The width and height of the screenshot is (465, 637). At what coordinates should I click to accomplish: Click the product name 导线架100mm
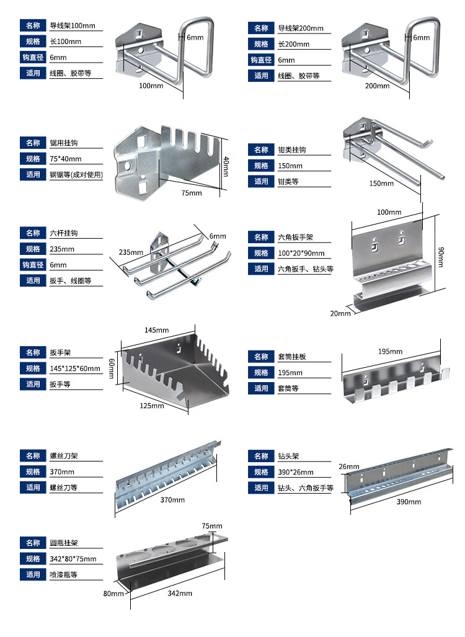tap(73, 26)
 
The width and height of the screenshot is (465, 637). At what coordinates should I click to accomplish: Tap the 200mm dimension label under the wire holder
tap(377, 86)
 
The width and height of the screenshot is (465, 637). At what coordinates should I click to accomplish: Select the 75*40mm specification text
tap(65, 159)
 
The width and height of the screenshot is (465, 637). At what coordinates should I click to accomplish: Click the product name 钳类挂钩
tap(291, 150)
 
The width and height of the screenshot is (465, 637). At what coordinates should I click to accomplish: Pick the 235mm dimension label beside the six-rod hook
tap(131, 252)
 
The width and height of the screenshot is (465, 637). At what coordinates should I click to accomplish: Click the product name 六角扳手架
tap(296, 238)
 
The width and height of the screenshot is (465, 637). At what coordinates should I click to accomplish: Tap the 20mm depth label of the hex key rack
tap(340, 313)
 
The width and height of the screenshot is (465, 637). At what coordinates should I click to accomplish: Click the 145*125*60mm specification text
tap(75, 368)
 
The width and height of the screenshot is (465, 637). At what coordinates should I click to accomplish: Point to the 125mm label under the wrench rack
tap(151, 406)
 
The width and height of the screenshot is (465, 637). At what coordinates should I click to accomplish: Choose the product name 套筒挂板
tap(291, 357)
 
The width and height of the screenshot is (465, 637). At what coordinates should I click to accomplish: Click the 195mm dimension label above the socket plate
tap(390, 352)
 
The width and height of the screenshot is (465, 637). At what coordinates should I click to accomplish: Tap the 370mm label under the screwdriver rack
tap(172, 499)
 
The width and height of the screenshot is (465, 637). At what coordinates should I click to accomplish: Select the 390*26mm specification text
tap(296, 472)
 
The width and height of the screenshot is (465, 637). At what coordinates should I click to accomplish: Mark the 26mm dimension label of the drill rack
tap(349, 466)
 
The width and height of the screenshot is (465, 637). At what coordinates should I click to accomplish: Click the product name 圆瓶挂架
tap(64, 543)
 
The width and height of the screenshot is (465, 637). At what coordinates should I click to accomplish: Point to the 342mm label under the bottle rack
tap(180, 594)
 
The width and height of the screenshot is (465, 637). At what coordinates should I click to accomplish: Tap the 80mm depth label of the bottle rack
tap(113, 594)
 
